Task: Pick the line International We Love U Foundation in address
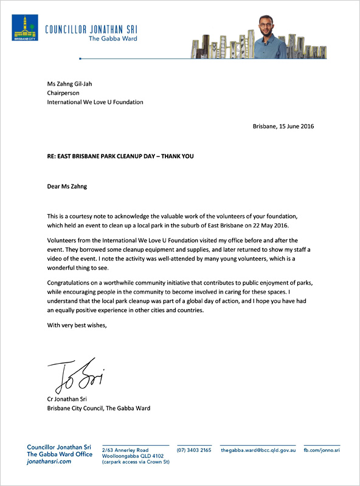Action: [x=95, y=102]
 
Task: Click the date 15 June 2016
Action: [x=298, y=127]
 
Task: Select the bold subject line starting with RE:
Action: [x=120, y=156]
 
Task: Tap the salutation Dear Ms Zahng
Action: [x=67, y=186]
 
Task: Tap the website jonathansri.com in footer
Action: [x=49, y=462]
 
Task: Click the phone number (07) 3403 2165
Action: [x=194, y=450]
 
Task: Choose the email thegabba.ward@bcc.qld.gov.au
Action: [x=258, y=450]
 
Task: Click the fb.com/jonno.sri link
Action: [x=322, y=450]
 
